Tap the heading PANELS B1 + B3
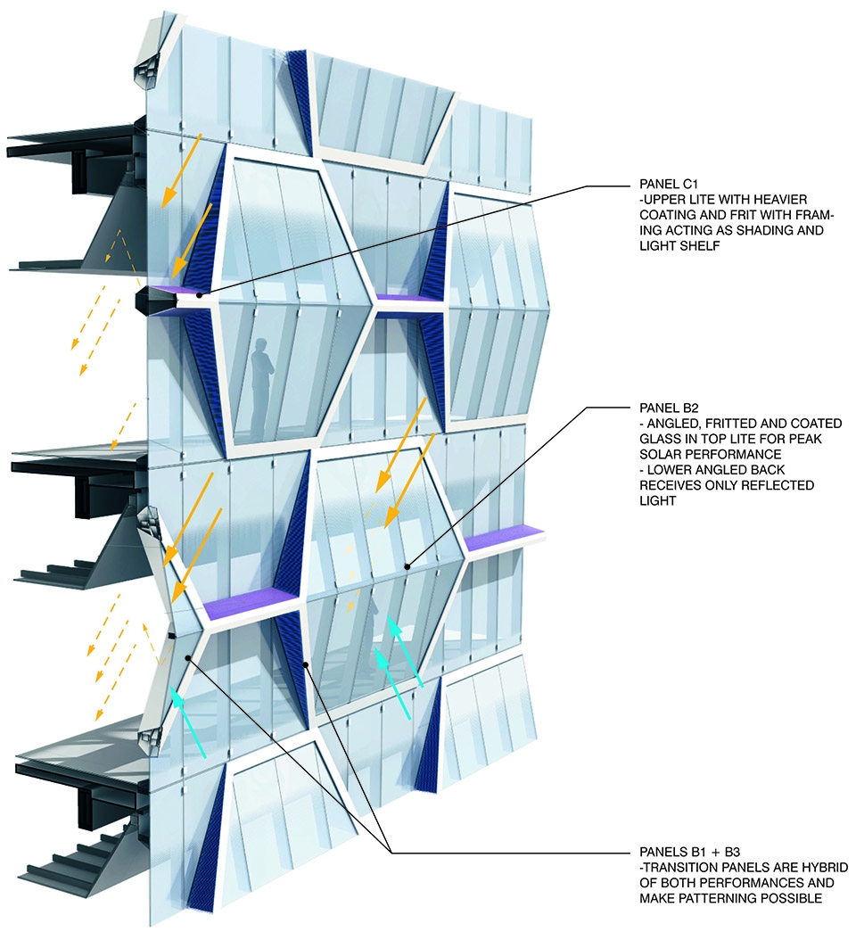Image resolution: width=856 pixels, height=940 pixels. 689,852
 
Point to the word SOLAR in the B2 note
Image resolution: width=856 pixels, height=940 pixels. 660,455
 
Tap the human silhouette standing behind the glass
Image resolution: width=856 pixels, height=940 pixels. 262,389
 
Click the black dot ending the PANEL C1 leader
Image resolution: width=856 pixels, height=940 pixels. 199,294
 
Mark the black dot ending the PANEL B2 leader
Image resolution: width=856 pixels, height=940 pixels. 407,566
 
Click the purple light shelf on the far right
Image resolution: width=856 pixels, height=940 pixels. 504,536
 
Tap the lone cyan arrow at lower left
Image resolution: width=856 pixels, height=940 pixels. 187,722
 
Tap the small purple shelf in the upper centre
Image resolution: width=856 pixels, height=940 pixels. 407,298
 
